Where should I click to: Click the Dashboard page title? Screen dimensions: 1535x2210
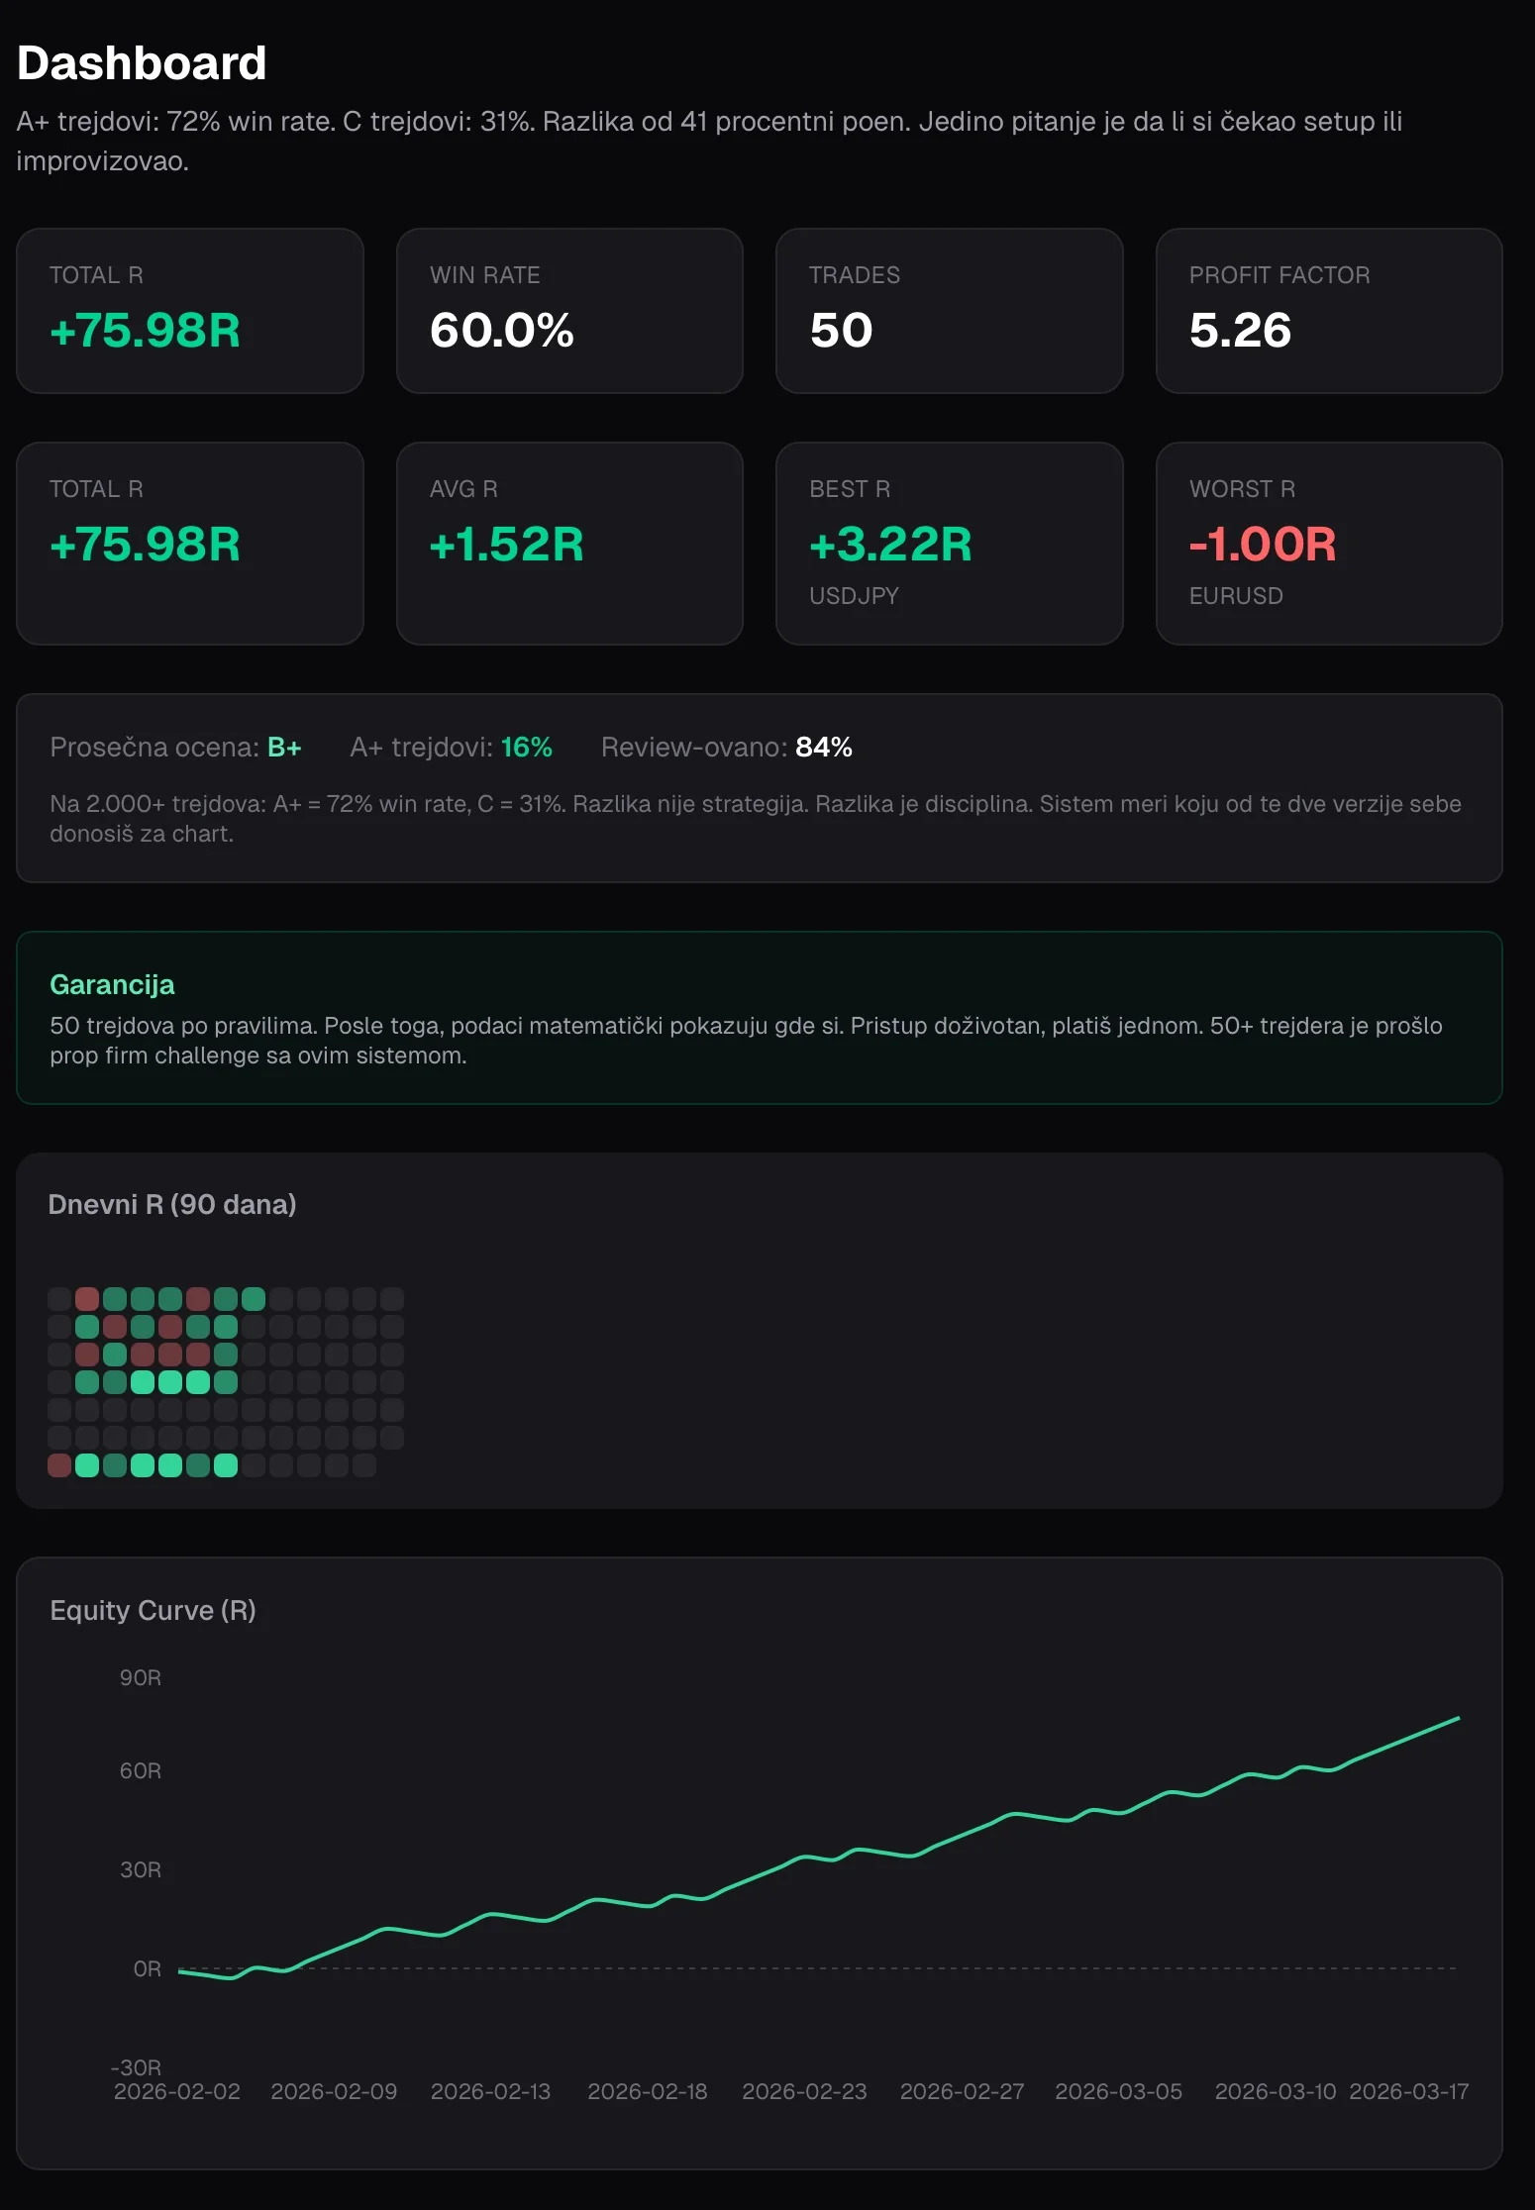[142, 63]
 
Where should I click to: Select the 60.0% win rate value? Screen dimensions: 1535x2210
[502, 330]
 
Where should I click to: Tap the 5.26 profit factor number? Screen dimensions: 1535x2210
[1240, 330]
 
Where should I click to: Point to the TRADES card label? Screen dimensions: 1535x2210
[855, 275]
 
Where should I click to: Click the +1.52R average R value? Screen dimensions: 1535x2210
[506, 544]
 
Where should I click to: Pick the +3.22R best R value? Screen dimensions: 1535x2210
[890, 544]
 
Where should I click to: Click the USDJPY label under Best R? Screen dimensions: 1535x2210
[854, 596]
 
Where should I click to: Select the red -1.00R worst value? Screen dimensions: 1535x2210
[1263, 544]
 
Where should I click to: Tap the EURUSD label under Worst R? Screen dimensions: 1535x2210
[1236, 596]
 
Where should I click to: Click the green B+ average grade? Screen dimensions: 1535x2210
[284, 747]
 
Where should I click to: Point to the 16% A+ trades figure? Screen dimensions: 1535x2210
[526, 747]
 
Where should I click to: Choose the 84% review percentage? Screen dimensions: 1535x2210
[824, 747]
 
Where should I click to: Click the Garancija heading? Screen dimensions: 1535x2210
[112, 985]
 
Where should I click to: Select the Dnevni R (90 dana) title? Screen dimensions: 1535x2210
[172, 1204]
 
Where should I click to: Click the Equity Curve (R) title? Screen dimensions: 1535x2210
[153, 1610]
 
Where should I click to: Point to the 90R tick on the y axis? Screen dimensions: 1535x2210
[141, 1677]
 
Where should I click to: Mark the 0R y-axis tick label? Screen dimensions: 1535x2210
[148, 1968]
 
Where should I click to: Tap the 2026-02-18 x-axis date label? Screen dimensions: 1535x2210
[648, 2091]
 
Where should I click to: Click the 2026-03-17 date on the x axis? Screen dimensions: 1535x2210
[1409, 2091]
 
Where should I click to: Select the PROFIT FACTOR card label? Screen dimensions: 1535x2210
[1279, 275]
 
